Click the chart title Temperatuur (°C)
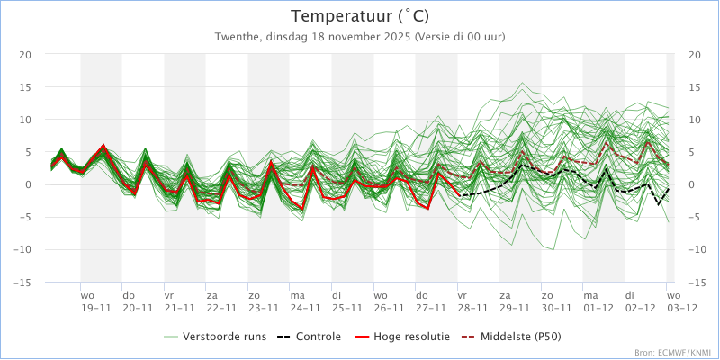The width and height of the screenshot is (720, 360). click(x=360, y=16)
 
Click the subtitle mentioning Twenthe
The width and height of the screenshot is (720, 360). click(x=360, y=37)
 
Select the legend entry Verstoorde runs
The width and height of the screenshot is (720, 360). click(x=215, y=337)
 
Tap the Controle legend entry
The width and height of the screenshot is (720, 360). click(x=309, y=337)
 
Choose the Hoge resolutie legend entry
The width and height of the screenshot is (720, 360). click(x=402, y=337)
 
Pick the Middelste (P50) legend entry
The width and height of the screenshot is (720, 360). click(x=511, y=337)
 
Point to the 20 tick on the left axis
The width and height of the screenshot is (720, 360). click(x=25, y=55)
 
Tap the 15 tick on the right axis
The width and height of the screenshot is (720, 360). click(x=695, y=87)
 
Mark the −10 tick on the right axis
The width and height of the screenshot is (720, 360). click(x=697, y=250)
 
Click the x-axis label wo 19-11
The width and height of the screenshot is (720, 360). click(x=95, y=301)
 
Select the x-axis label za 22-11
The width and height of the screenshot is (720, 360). click(x=221, y=301)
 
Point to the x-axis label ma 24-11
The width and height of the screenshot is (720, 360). click(x=305, y=301)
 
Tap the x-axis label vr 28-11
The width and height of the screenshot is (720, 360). click(x=472, y=301)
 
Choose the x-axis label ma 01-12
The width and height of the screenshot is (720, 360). click(x=598, y=301)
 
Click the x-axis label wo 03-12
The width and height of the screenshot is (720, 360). click(x=682, y=301)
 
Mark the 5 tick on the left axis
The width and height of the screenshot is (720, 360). click(x=28, y=152)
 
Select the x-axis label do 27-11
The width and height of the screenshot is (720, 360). click(x=431, y=301)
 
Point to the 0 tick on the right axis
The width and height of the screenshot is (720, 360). click(x=692, y=184)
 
